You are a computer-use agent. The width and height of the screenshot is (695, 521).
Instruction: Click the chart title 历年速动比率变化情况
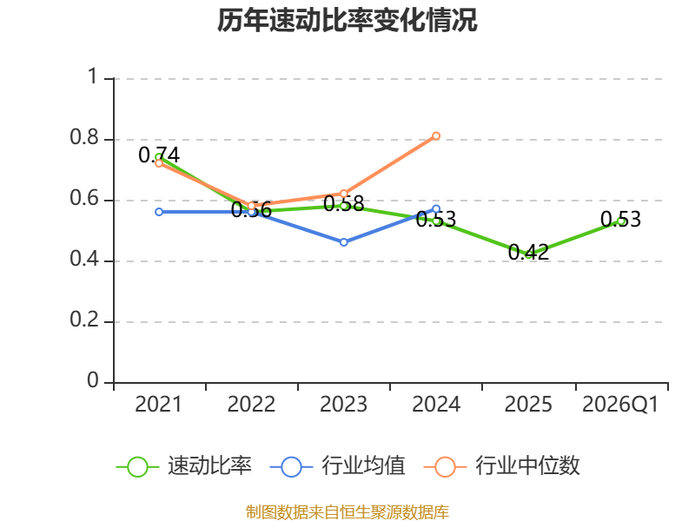pos(347,20)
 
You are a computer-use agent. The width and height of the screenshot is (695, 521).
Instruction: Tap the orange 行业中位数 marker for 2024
pos(436,136)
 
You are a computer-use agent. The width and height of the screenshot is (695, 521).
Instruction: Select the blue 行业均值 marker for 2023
pos(344,242)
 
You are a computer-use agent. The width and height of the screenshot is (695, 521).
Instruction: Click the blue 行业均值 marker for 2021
pos(159,212)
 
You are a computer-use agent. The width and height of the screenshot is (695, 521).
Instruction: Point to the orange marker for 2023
pos(344,194)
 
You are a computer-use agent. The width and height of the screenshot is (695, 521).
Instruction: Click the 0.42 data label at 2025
pos(528,253)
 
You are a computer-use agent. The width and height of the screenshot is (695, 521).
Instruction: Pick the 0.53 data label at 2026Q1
pos(620,220)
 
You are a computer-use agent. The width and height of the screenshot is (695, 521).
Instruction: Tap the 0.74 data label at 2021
pos(159,155)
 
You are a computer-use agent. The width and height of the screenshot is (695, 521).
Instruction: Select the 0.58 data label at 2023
pos(344,204)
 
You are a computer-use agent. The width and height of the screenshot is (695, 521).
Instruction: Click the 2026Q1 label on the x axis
pos(620,404)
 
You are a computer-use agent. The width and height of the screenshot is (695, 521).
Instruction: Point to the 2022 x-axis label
pos(251,404)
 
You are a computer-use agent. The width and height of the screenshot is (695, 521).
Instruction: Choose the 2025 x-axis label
pos(528,404)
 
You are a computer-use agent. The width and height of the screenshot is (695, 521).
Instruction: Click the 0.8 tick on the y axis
pos(84,137)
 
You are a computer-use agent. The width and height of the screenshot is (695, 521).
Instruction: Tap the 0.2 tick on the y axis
pos(84,320)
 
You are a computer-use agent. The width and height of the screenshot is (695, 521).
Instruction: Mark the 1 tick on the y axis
pos(92,76)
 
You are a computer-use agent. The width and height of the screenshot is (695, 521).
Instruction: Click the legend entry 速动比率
pos(184,466)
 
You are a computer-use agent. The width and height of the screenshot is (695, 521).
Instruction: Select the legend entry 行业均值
pos(337,466)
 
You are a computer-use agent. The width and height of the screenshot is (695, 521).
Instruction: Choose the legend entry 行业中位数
pos(502,466)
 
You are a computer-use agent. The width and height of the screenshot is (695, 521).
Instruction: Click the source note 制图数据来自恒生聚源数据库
pos(347,512)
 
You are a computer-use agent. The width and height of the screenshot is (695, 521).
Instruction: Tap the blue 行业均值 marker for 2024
pos(436,209)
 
